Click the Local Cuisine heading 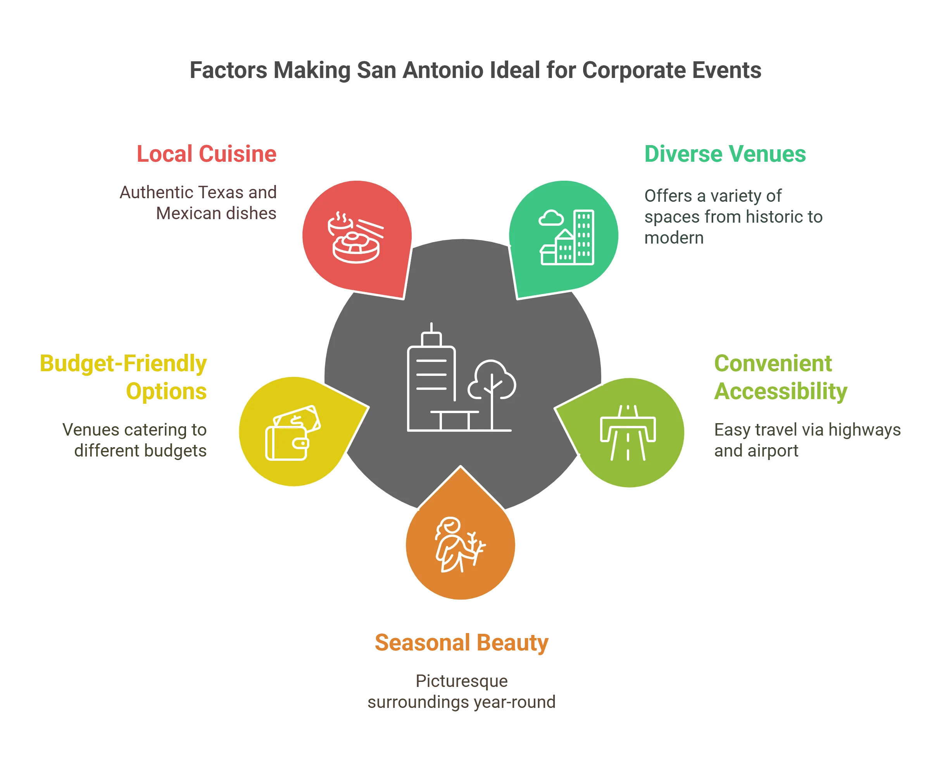point(207,154)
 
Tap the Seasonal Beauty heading point(462,643)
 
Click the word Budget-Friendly point(123,364)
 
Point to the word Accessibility point(781,391)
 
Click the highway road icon point(628,432)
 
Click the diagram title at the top point(475,71)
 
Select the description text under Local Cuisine point(198,202)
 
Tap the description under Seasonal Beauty point(461,692)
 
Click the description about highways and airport point(807,441)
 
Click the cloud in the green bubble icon point(551,218)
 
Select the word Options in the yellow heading point(166,391)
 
